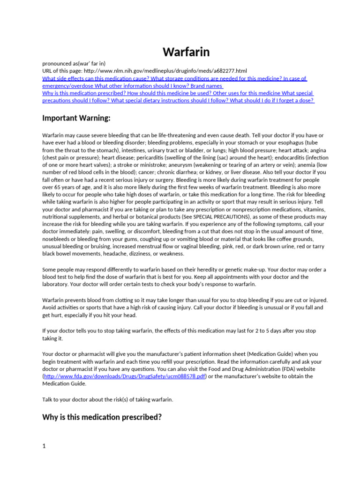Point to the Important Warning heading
coord(76,118)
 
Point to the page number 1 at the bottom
coord(44,446)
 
